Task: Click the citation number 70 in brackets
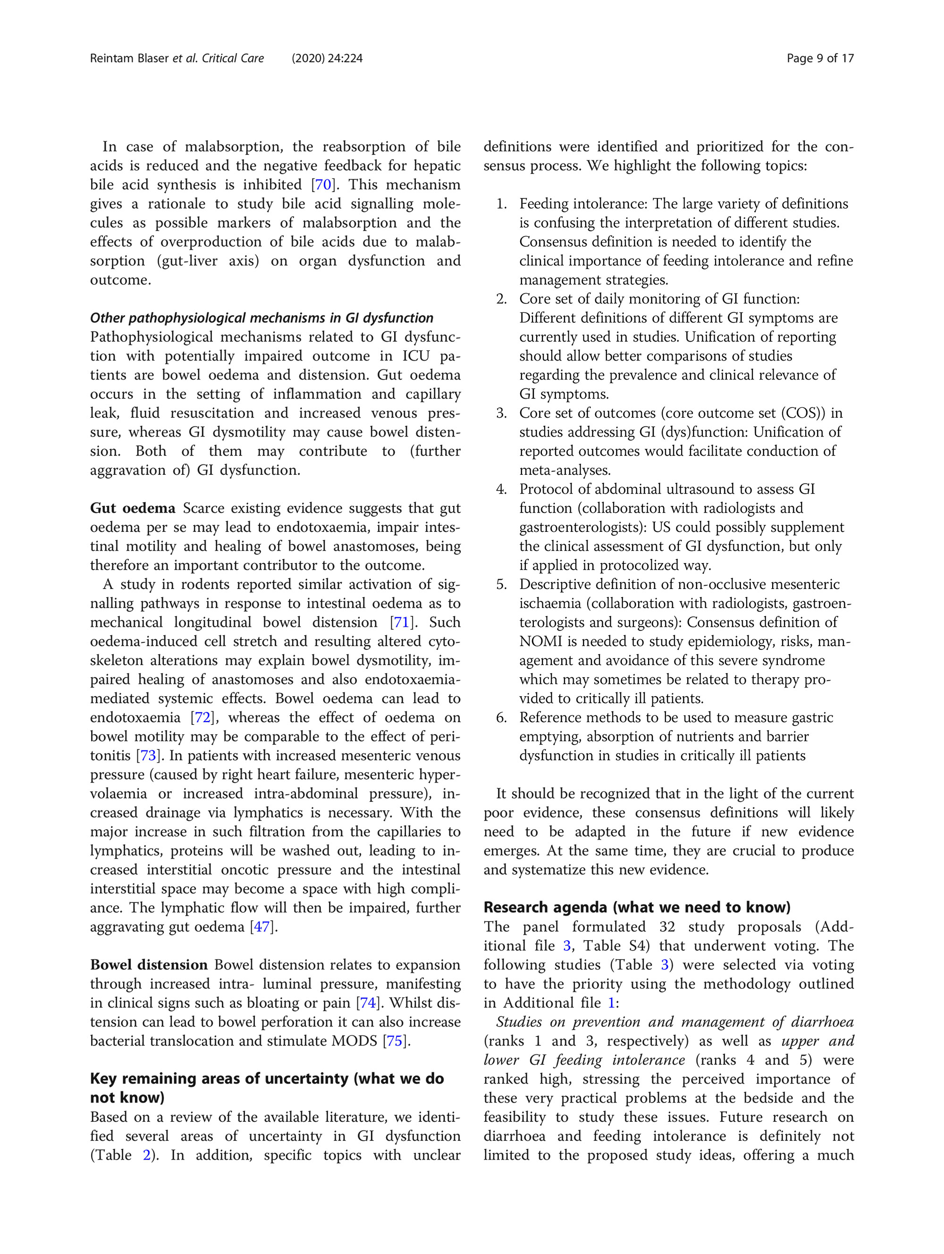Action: point(323,185)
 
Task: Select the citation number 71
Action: point(401,623)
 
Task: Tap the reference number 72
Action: point(203,718)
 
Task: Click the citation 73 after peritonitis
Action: point(148,756)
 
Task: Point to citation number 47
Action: point(262,927)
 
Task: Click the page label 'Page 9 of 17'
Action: point(820,59)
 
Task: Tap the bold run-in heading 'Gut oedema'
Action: point(133,508)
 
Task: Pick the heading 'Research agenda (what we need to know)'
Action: point(637,907)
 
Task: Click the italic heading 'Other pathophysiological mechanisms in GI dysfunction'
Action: point(261,318)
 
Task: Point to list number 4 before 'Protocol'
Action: point(501,489)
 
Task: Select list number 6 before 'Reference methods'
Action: point(501,718)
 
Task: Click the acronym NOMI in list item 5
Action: point(539,642)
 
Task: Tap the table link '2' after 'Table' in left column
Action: point(147,1155)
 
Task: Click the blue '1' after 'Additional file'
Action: point(611,1003)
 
